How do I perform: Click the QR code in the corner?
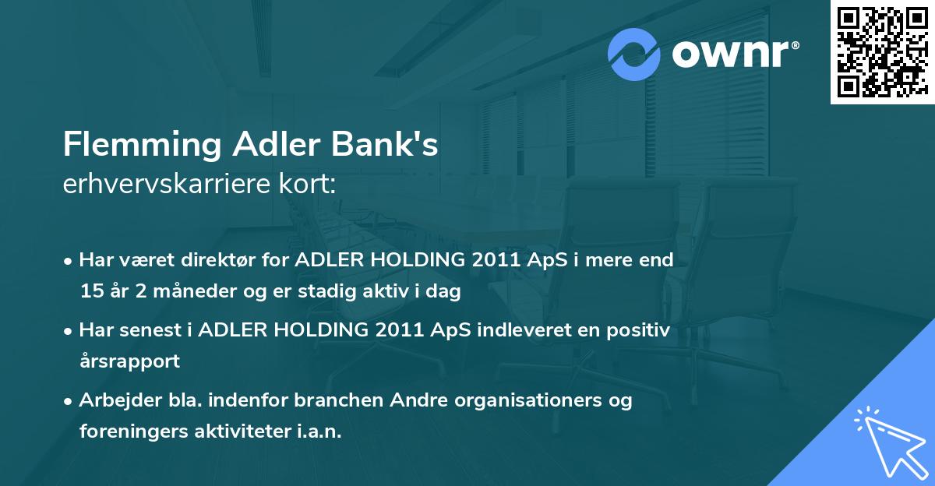pos(882,51)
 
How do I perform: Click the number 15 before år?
pos(90,291)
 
